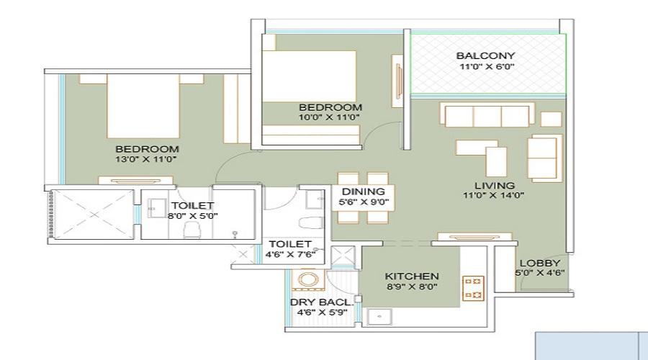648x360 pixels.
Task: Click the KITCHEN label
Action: tap(412, 276)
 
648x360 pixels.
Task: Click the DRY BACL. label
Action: tap(322, 302)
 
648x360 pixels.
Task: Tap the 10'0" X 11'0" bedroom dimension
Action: tap(329, 117)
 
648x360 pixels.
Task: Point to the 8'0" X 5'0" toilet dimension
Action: tap(192, 215)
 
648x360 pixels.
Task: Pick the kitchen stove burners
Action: tap(474, 287)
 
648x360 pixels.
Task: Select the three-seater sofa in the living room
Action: tap(488, 115)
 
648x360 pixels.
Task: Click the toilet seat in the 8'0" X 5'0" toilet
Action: tap(192, 230)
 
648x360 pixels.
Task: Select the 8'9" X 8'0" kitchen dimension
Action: tap(412, 287)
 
